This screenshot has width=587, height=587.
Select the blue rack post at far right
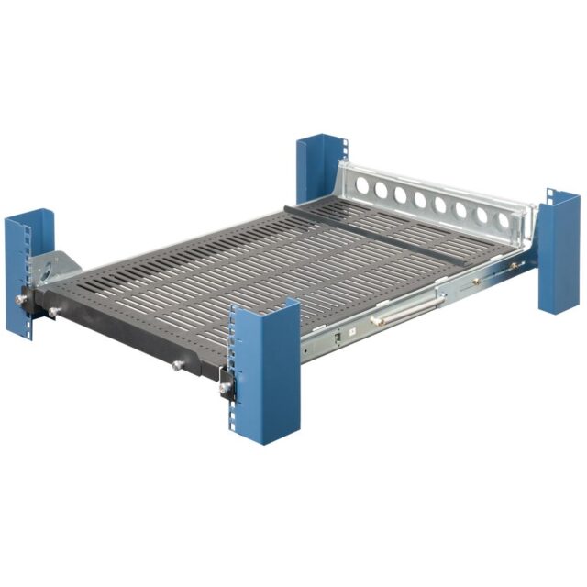click(559, 252)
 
